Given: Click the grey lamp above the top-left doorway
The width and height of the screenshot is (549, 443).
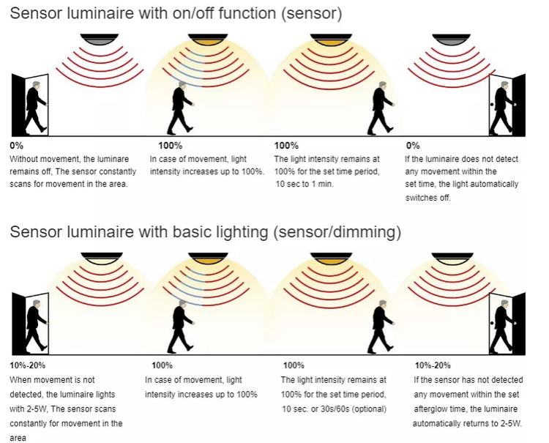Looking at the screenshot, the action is (x=100, y=40).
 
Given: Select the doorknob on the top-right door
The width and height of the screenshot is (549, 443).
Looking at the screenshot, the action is (x=492, y=105).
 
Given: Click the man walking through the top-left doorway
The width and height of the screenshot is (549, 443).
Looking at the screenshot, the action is (x=36, y=107).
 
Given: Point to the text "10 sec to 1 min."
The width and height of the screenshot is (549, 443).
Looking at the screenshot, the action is (x=305, y=184).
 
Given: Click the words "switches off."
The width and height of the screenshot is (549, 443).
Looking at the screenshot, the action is (x=428, y=198).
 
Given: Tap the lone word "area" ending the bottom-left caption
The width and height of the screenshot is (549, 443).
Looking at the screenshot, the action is (x=18, y=438).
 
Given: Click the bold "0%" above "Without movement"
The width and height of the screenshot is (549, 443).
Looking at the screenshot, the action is (x=16, y=145).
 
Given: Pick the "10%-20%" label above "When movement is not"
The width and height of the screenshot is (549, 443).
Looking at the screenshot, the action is (x=28, y=365).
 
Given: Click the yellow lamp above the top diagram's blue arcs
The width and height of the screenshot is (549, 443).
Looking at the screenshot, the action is (x=208, y=40).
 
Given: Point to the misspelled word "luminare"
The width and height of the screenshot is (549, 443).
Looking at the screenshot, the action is (x=113, y=159).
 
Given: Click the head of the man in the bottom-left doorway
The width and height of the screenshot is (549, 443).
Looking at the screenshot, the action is (x=37, y=303).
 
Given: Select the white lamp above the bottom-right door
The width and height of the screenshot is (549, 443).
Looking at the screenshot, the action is (x=452, y=258).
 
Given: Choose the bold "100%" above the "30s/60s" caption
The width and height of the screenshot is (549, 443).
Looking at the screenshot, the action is (x=294, y=365).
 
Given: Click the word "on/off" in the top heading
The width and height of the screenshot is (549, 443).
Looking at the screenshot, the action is (x=195, y=13).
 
